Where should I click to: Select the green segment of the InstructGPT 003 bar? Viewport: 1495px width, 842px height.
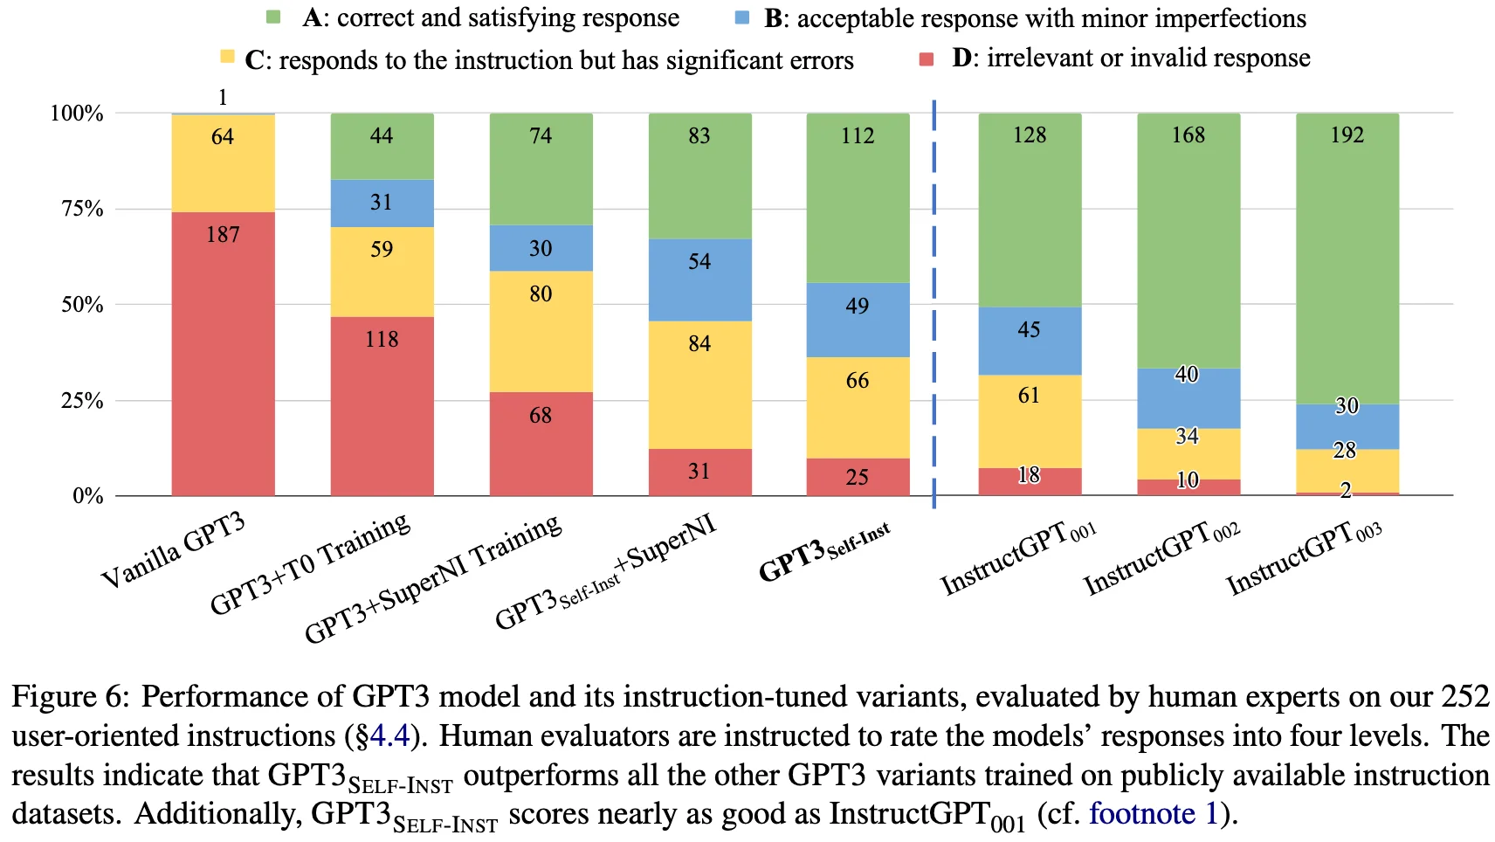click(x=1347, y=262)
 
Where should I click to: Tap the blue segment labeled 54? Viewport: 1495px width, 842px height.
click(x=699, y=280)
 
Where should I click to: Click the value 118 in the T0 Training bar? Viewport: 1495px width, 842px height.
click(x=382, y=339)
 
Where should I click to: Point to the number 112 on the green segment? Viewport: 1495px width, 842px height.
click(x=858, y=135)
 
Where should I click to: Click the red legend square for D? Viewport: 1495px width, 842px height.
click(x=927, y=59)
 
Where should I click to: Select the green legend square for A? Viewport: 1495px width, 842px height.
click(x=273, y=17)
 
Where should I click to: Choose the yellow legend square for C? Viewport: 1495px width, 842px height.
click(x=227, y=58)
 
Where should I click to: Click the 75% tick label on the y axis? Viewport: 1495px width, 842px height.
click(x=82, y=209)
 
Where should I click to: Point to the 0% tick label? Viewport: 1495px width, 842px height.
click(x=87, y=496)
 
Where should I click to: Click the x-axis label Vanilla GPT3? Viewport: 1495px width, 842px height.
click(x=173, y=551)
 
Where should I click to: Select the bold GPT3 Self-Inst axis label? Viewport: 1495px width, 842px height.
click(x=823, y=551)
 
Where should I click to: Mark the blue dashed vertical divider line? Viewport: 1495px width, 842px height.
click(x=934, y=306)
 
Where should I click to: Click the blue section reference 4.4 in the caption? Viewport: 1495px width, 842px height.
click(x=389, y=736)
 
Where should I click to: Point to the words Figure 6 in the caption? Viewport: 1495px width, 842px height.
click(x=70, y=697)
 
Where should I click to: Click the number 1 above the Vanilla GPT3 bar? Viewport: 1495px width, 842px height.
click(x=223, y=97)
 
